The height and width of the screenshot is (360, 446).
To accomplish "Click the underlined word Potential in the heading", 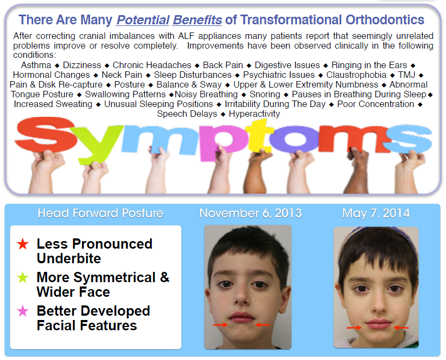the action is (x=143, y=20).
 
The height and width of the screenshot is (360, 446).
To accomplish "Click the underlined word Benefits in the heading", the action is (x=198, y=20).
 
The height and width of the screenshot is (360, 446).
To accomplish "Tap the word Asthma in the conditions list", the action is (x=36, y=65).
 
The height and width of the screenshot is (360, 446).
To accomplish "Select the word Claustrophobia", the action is (x=356, y=75).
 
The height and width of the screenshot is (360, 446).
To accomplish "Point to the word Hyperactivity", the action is (x=254, y=114).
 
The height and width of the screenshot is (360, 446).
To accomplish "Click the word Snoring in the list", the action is (x=265, y=94).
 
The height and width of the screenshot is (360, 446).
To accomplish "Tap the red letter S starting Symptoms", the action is (x=46, y=135).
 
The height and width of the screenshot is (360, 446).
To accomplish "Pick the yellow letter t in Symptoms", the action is (x=259, y=136).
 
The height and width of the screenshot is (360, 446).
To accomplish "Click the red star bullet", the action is (x=23, y=244).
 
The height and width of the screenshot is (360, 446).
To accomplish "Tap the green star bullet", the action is (x=23, y=277).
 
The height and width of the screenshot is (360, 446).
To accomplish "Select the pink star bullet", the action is (x=23, y=311).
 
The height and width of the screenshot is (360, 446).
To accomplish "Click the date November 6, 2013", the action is (x=251, y=214).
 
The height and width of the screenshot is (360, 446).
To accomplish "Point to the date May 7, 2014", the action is (x=376, y=214).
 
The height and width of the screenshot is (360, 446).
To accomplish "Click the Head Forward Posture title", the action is (x=100, y=214).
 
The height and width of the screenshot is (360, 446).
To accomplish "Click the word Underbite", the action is (x=69, y=258).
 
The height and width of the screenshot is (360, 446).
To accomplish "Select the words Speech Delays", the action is (x=187, y=114).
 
